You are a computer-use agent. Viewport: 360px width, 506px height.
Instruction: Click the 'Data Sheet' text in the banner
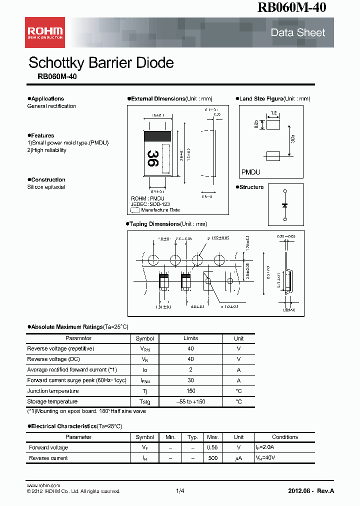[297, 33]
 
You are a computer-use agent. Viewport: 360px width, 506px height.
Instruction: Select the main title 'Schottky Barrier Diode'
[101, 63]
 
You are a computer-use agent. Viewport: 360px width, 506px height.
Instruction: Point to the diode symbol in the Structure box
[285, 205]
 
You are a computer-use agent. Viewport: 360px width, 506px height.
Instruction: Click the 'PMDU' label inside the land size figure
[251, 172]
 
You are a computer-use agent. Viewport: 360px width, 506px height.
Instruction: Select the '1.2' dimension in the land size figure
[273, 113]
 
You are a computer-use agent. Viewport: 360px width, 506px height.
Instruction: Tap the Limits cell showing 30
[190, 380]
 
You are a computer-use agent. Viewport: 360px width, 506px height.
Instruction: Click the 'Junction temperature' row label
[53, 391]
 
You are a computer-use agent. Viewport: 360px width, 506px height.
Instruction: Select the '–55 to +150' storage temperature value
[190, 401]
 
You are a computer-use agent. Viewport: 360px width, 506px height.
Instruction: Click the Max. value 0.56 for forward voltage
[213, 447]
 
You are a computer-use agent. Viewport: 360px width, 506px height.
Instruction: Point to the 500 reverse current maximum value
[213, 458]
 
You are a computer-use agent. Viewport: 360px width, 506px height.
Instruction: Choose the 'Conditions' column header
[285, 437]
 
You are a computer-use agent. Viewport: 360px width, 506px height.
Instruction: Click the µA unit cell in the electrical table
[239, 458]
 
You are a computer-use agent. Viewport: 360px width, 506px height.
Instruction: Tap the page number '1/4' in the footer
[180, 491]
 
